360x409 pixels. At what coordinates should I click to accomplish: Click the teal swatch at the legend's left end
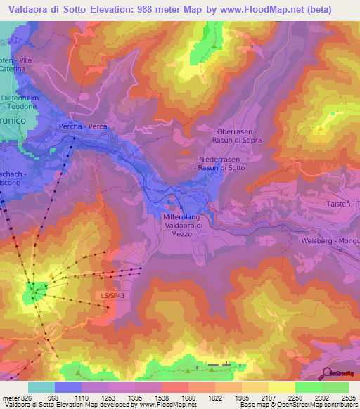point(41,387)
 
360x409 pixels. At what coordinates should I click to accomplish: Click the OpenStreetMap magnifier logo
point(326,372)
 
